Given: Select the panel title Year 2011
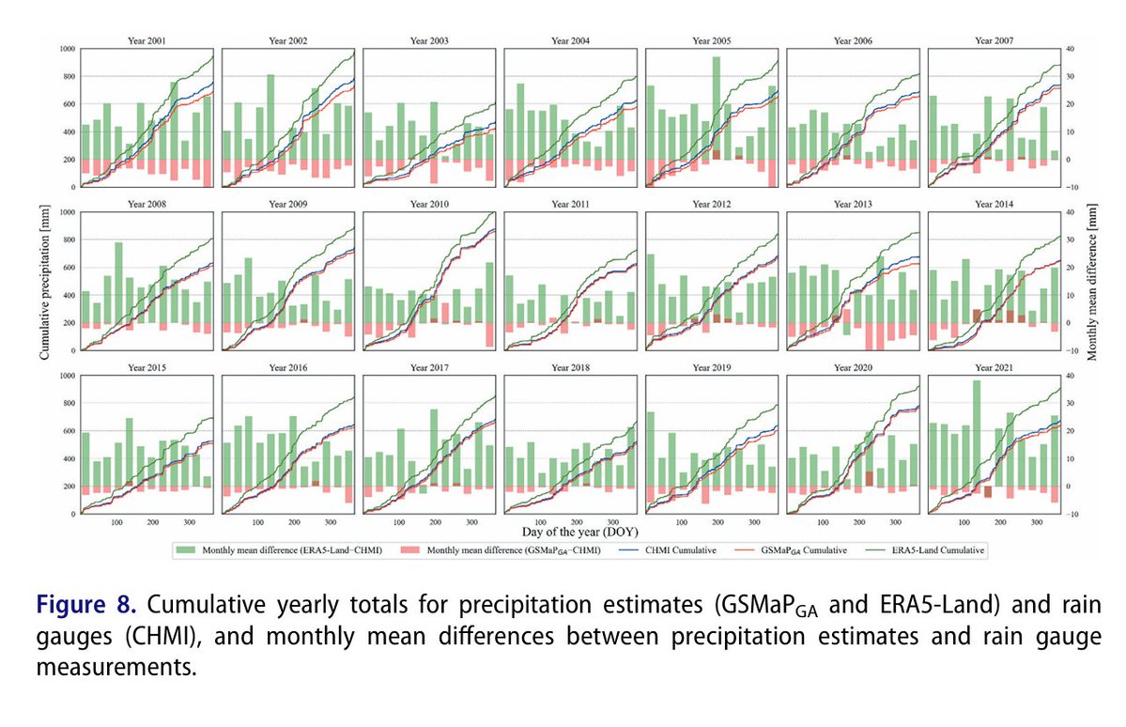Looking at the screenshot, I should click(x=570, y=205).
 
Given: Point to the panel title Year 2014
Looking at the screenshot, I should click(x=994, y=205).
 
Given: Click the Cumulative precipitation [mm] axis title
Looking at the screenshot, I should click(x=44, y=281).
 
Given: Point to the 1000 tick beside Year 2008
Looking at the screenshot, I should click(x=67, y=212).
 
